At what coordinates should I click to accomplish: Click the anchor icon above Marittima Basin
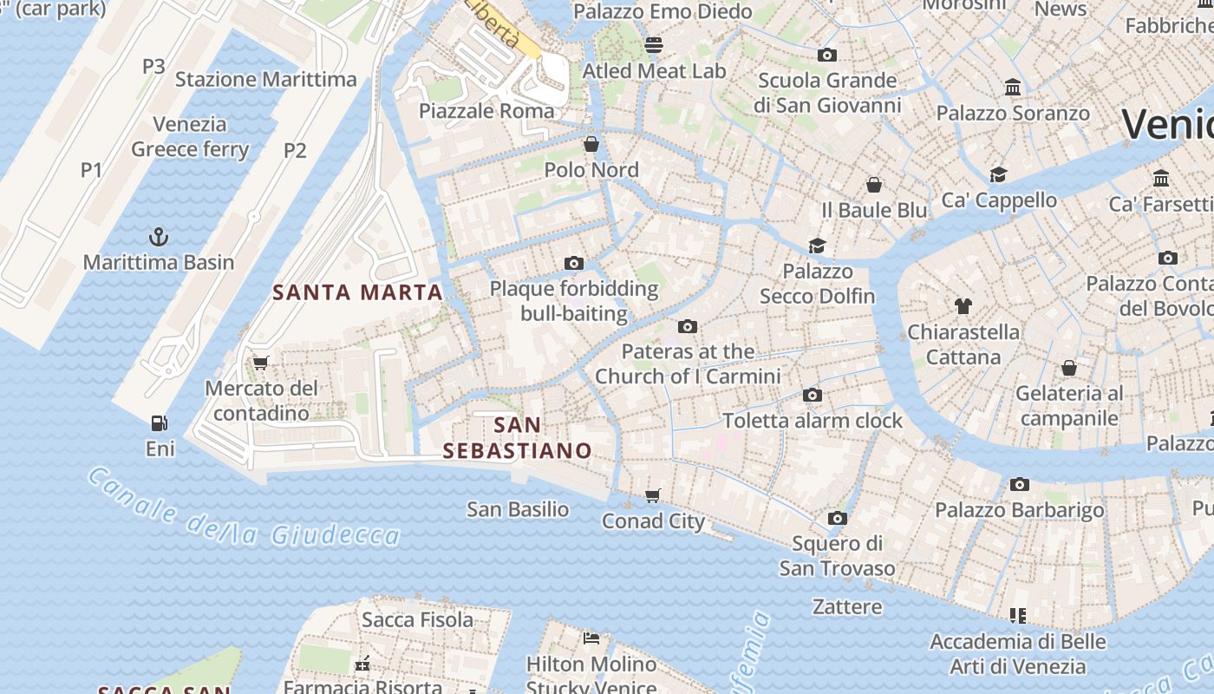tap(159, 236)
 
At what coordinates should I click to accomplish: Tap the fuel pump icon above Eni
tap(160, 423)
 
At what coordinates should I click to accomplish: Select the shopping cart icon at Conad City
tap(653, 495)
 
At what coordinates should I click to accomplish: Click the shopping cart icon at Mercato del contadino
tap(260, 363)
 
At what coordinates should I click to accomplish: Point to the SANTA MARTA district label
tap(358, 292)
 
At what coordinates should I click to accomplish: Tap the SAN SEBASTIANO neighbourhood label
tap(517, 438)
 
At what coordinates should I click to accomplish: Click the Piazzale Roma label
tap(486, 111)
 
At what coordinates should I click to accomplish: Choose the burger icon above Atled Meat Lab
tap(654, 45)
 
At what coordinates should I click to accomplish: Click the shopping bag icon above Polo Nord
tap(591, 144)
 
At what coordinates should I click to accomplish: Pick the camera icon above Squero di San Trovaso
tap(837, 519)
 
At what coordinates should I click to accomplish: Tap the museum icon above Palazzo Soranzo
tap(1012, 88)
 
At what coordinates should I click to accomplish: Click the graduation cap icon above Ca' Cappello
tap(998, 174)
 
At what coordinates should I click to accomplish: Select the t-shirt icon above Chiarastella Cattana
tap(963, 305)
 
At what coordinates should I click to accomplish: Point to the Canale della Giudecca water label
tap(244, 513)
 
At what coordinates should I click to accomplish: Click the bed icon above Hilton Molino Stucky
tap(591, 638)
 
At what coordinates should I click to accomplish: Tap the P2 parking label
tap(295, 151)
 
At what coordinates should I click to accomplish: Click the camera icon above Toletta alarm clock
tap(813, 396)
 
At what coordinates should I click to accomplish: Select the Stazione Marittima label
tap(266, 80)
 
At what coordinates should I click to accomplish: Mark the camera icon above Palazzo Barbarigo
tap(1020, 484)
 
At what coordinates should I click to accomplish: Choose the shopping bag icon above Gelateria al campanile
tap(1069, 368)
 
